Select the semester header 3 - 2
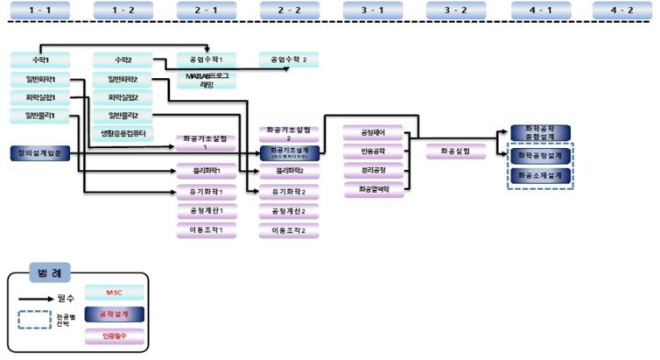coord(455,10)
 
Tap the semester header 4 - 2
coord(622,10)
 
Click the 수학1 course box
coord(41,60)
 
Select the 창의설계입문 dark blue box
coord(39,152)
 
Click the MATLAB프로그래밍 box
coord(207,81)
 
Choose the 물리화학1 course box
coord(207,171)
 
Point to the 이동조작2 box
coord(290,231)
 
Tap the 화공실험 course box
coord(456,151)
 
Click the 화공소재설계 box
coord(540,175)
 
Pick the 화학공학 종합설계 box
coord(540,133)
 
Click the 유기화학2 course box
coord(290,191)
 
